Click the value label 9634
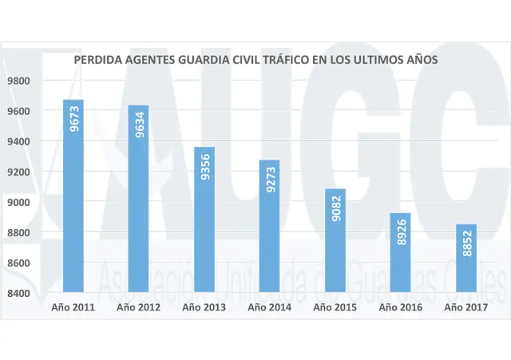(140, 125)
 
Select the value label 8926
(402, 231)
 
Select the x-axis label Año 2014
(270, 307)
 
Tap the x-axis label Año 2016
(401, 307)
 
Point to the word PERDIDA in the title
(97, 60)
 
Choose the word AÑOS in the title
(422, 60)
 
